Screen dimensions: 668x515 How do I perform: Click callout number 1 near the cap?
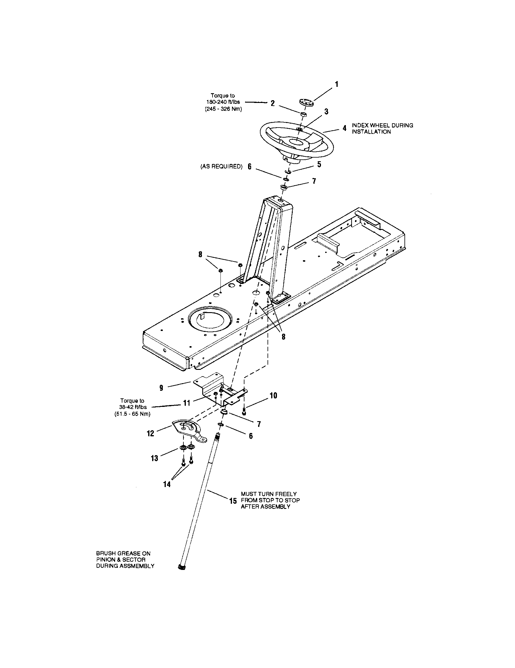(x=337, y=84)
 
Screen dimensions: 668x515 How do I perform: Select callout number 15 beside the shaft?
(x=233, y=501)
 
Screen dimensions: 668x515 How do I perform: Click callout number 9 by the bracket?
(x=161, y=388)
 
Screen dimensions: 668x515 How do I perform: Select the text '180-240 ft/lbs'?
(x=223, y=102)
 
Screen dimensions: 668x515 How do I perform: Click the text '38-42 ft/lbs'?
(x=133, y=407)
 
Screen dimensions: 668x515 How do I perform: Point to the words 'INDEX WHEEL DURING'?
(x=382, y=125)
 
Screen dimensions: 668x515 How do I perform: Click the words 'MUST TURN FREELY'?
(x=268, y=494)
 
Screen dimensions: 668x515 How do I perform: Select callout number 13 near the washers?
(x=155, y=458)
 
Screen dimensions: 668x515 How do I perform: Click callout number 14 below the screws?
(x=167, y=485)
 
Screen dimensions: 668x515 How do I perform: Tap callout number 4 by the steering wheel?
(x=344, y=128)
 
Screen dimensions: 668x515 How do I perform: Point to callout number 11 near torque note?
(x=186, y=403)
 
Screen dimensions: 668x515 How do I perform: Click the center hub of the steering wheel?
(x=296, y=142)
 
